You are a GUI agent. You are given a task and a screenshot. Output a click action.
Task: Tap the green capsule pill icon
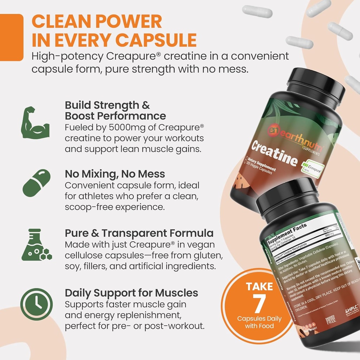[37, 183]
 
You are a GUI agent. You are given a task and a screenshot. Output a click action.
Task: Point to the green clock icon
[37, 304]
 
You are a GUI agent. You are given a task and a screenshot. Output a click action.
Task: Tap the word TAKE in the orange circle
[259, 286]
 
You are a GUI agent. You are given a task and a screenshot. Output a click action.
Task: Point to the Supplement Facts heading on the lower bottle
[287, 234]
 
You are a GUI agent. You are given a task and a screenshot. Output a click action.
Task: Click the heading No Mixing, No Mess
[115, 174]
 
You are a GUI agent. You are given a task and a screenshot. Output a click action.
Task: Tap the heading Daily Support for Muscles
[131, 293]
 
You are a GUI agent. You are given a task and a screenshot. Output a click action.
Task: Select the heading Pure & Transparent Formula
[139, 233]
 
